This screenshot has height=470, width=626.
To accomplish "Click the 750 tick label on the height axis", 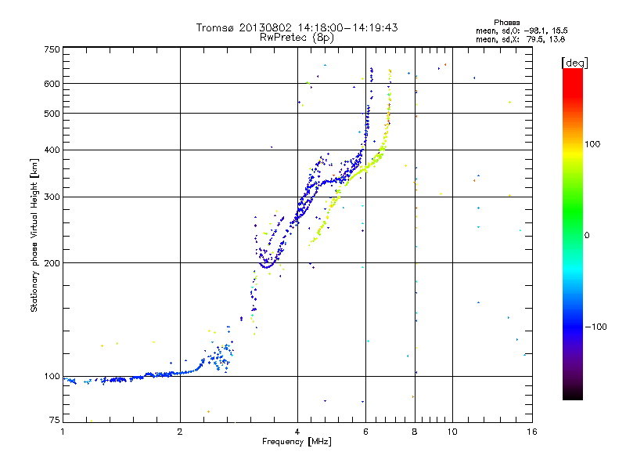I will [x=52, y=49].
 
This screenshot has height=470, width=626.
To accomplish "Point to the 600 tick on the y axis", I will [x=52, y=83].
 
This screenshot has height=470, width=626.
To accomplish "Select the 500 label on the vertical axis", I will [x=52, y=114].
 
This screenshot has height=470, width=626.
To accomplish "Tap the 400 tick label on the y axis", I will [x=52, y=150].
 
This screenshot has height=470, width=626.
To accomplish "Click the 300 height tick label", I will [x=52, y=197].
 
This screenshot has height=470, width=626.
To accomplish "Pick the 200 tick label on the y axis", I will [x=52, y=263].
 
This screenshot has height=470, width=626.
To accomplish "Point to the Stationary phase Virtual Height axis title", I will [x=34, y=235].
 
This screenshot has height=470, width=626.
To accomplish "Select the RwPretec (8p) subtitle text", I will [x=297, y=37].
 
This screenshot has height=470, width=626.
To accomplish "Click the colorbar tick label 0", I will [x=587, y=235].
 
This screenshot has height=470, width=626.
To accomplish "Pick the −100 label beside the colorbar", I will [x=594, y=327].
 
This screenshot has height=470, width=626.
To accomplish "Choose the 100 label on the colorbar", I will [x=592, y=144].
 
